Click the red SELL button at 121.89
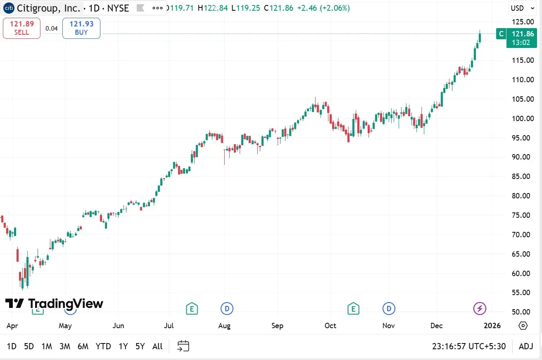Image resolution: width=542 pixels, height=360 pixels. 21,28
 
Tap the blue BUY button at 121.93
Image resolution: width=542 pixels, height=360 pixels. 81,28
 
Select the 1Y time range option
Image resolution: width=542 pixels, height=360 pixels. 123,346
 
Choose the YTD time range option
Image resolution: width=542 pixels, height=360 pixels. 103,346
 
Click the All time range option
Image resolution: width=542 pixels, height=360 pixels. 157,346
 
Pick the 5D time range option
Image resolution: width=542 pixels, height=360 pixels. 29,346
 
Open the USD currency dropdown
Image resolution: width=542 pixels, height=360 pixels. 522,8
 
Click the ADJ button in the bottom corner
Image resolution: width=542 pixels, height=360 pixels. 526,346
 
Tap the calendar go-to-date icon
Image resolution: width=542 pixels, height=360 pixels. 183,346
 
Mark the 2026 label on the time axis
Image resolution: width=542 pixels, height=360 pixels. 492,326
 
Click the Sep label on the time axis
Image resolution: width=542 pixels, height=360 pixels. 278,326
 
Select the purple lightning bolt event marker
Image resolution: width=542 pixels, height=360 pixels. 480,308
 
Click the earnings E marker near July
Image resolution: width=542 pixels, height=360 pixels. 191,308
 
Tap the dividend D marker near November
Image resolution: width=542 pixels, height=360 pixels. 389,308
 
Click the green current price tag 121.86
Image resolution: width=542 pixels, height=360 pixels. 521,38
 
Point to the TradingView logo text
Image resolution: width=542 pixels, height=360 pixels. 54,304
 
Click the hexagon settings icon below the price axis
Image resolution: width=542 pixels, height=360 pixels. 523,326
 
